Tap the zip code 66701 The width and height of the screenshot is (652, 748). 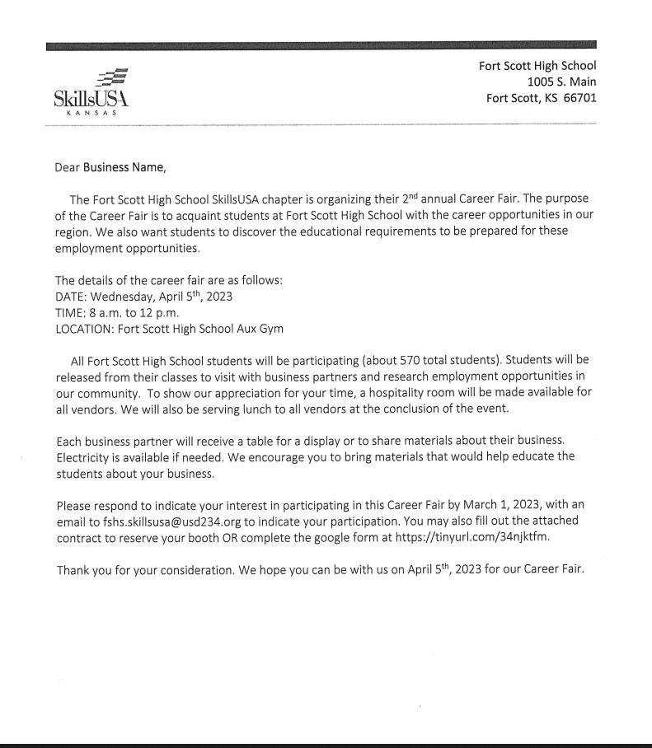point(578,98)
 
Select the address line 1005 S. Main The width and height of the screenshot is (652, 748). point(561,82)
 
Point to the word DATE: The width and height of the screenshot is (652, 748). point(71,297)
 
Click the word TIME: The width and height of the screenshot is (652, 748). point(70,313)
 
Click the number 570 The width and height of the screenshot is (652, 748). point(410,360)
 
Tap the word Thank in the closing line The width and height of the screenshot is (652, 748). point(73,570)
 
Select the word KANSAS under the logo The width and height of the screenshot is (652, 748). point(91,114)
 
